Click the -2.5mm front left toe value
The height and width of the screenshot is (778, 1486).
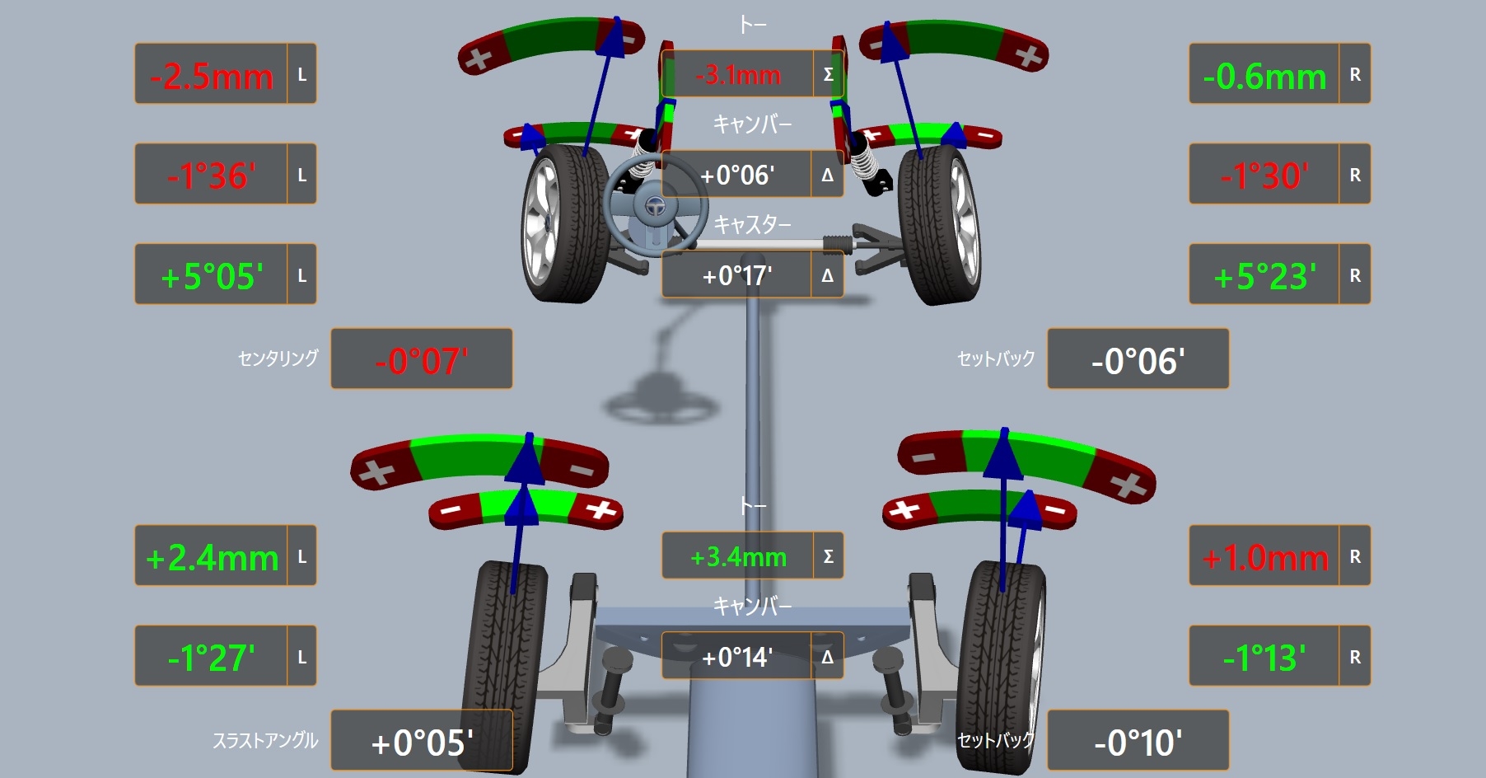pyautogui.click(x=211, y=76)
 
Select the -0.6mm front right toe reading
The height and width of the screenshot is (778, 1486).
pyautogui.click(x=1264, y=76)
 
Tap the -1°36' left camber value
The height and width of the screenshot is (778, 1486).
pyautogui.click(x=211, y=176)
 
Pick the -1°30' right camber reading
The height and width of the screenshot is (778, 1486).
pyautogui.click(x=1264, y=176)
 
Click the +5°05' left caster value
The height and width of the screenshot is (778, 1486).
pyautogui.click(x=212, y=276)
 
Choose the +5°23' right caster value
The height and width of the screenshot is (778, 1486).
pyautogui.click(x=1264, y=276)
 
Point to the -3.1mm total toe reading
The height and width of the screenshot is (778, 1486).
pyautogui.click(x=738, y=75)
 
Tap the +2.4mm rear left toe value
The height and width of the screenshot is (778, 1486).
pyautogui.click(x=212, y=558)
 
